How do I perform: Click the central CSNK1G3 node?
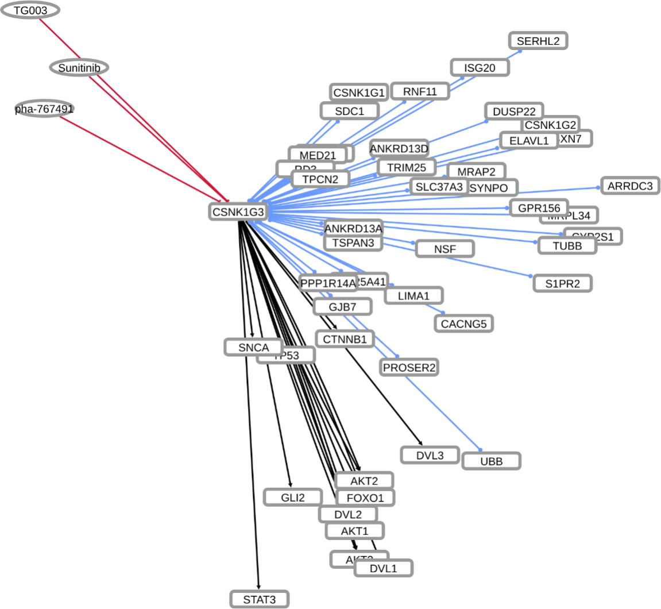[x=238, y=212]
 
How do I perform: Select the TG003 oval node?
[x=30, y=10]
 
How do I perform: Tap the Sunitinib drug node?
[x=79, y=68]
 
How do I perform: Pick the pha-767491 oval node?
[x=44, y=109]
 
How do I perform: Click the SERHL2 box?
[x=538, y=41]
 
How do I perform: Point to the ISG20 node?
[x=480, y=68]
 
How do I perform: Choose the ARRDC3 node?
[x=630, y=186]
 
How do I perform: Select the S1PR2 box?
[x=562, y=283]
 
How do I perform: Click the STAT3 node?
[x=259, y=599]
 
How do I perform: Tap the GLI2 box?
[x=293, y=497]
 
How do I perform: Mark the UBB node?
[x=491, y=461]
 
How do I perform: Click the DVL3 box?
[x=430, y=455]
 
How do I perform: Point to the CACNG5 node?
[x=463, y=323]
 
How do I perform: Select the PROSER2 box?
[x=409, y=367]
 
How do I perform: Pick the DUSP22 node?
[x=514, y=111]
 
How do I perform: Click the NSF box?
[x=444, y=249]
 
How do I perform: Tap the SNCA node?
[x=253, y=347]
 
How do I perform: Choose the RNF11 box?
[x=420, y=91]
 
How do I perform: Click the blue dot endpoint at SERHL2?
[x=520, y=51]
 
